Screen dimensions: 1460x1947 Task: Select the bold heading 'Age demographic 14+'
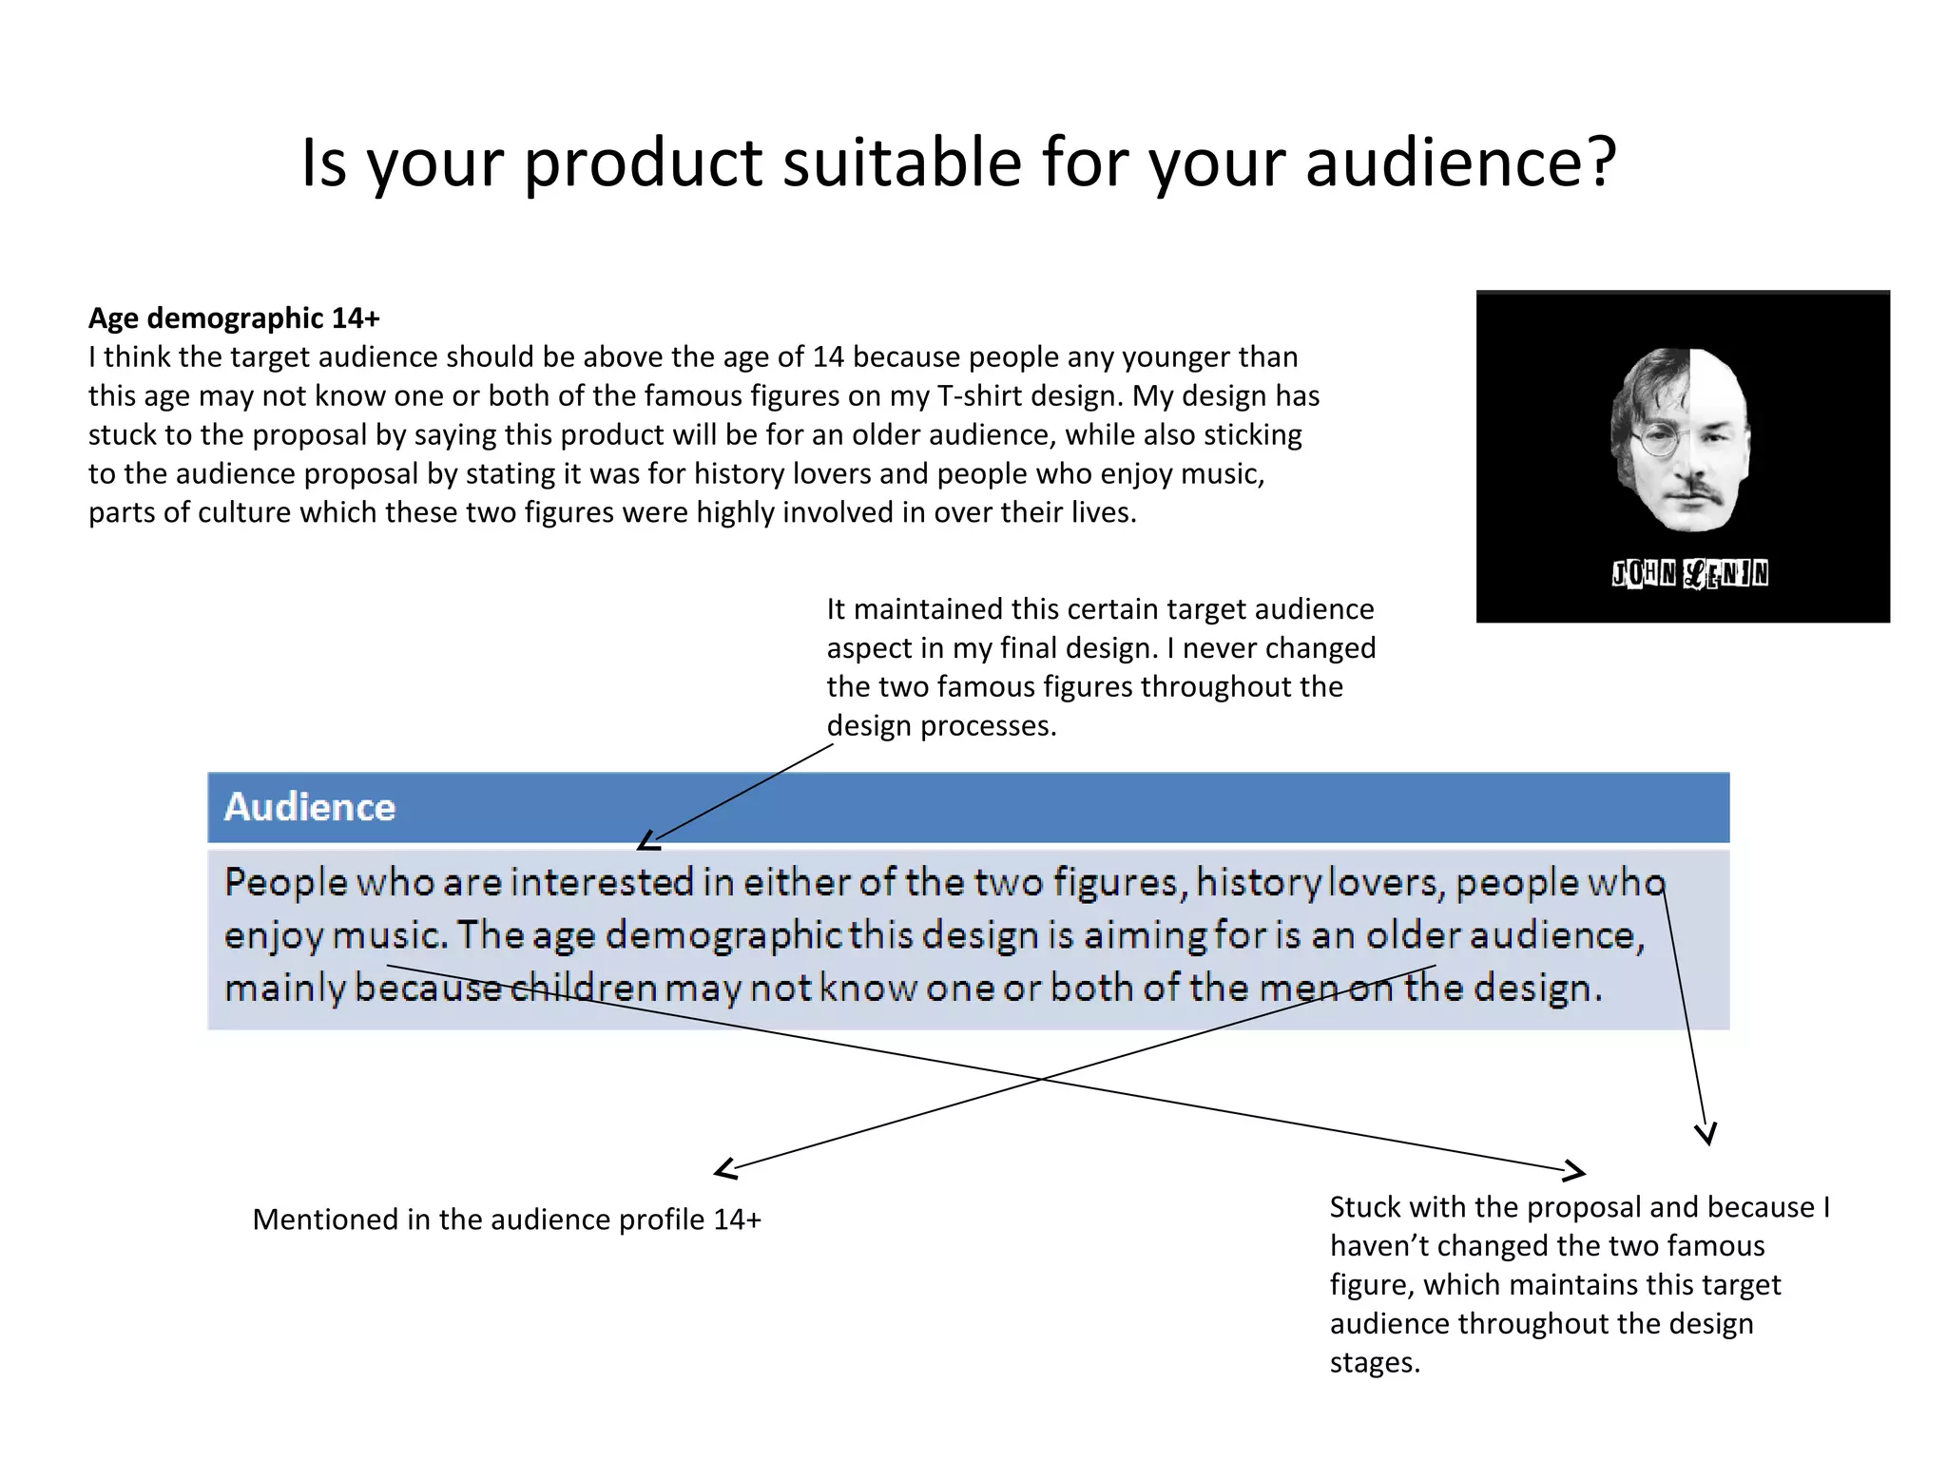click(234, 317)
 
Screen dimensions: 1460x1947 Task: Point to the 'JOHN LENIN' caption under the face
click(1689, 573)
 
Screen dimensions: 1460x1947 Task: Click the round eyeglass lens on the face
click(1652, 440)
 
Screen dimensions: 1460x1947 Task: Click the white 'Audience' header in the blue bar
click(310, 807)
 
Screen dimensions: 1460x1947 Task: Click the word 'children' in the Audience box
click(583, 988)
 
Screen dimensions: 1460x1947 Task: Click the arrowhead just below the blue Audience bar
click(647, 841)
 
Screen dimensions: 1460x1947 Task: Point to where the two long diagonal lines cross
click(1043, 1079)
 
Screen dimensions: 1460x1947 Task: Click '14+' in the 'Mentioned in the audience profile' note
click(737, 1220)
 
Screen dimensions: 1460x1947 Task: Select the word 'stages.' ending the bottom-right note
click(1374, 1363)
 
